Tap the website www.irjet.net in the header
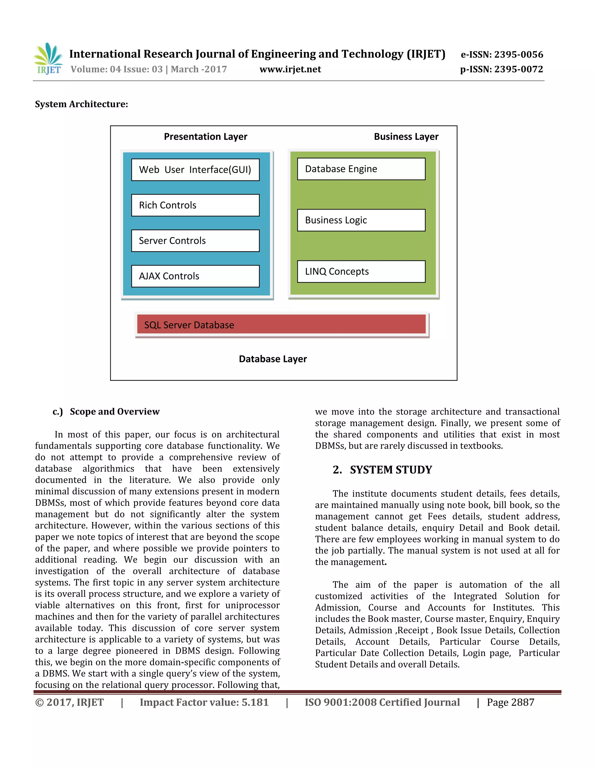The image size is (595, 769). point(290,69)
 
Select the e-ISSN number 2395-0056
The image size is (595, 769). point(502,55)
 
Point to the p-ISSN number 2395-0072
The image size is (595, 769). point(501,69)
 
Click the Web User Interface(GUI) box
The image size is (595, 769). point(195,170)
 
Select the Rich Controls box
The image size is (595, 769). point(195,205)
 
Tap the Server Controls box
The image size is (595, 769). point(195,241)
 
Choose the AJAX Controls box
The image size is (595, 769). point(195,276)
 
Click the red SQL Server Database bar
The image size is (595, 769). point(281,324)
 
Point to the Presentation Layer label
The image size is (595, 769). point(205,137)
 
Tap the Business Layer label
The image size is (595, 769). point(406,137)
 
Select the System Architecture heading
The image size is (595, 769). point(81,104)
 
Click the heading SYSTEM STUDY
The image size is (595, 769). point(390,470)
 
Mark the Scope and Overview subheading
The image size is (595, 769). point(114,411)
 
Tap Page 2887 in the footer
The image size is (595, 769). point(510,703)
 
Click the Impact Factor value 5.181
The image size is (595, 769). point(204,703)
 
